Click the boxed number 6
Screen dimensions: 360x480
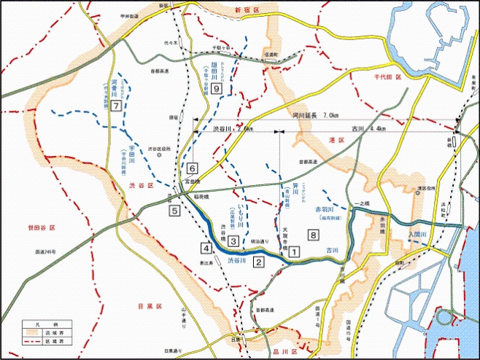193,167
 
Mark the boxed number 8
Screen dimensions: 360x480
313,235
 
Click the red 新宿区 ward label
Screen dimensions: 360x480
248,9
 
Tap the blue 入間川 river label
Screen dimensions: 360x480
420,235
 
